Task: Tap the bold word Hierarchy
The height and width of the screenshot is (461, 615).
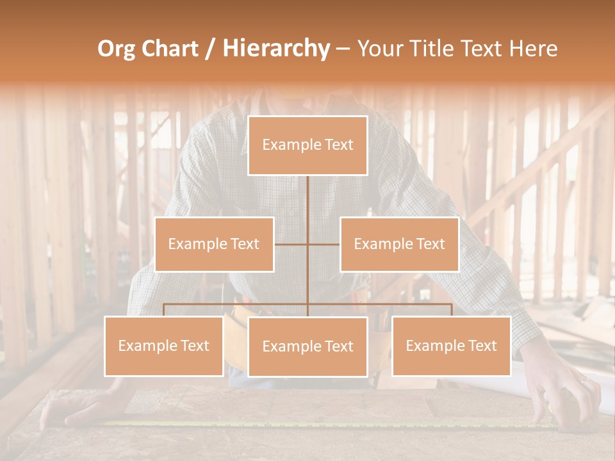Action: coord(275,49)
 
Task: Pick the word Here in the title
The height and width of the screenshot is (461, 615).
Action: coord(532,49)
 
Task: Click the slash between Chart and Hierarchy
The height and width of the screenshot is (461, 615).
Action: coord(210,49)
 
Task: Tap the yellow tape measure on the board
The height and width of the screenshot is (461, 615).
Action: coord(320,423)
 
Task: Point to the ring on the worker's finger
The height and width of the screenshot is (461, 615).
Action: coord(583,382)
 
